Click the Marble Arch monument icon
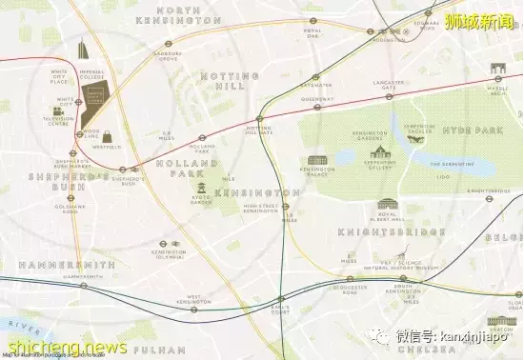click(x=496, y=70)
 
